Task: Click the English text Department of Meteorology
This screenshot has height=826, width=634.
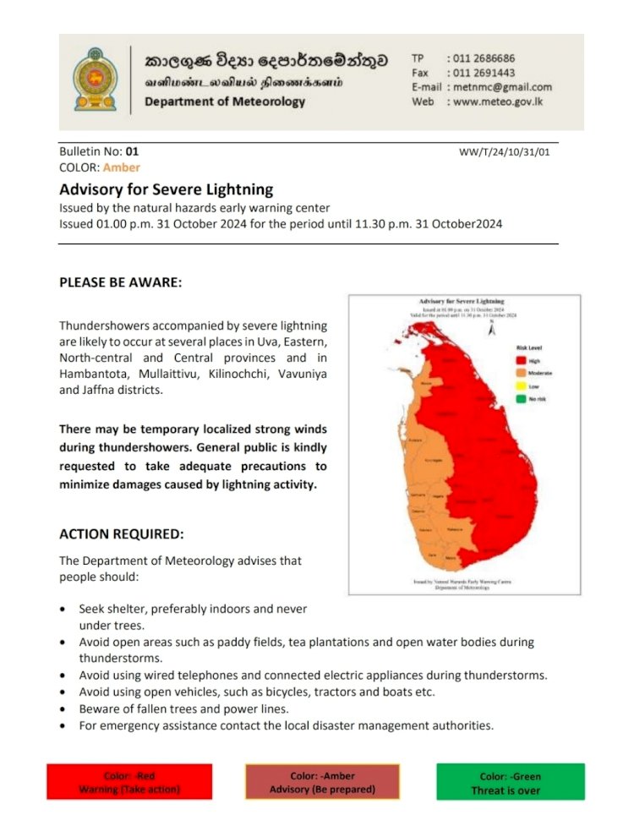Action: pos(225,102)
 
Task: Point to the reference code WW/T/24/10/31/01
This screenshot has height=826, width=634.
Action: pos(505,152)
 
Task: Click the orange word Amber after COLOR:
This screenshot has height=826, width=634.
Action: pos(122,167)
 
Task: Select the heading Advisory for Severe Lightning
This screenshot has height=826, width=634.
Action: pos(167,189)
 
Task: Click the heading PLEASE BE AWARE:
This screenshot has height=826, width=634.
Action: pos(121,282)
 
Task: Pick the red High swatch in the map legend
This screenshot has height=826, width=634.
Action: pos(521,359)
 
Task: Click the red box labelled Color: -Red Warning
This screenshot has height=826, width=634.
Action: pos(129,782)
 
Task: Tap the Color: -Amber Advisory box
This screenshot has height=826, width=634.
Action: pos(321,782)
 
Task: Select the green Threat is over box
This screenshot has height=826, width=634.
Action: pos(511,782)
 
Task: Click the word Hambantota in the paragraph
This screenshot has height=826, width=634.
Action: pos(93,373)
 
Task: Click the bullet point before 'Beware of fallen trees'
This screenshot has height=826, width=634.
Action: pos(65,708)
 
